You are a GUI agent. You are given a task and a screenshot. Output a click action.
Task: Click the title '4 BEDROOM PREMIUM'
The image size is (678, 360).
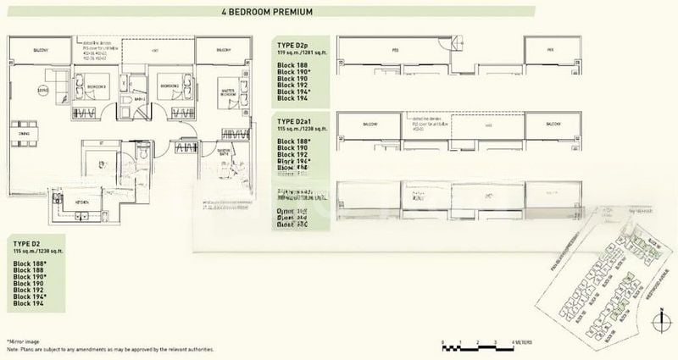[338, 12]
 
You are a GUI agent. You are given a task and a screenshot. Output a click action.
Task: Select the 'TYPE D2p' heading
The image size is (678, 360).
[294, 45]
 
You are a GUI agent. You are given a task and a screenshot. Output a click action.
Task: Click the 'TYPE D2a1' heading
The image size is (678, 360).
[297, 123]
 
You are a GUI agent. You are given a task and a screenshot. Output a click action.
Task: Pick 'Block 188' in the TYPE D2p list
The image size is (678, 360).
[294, 64]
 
